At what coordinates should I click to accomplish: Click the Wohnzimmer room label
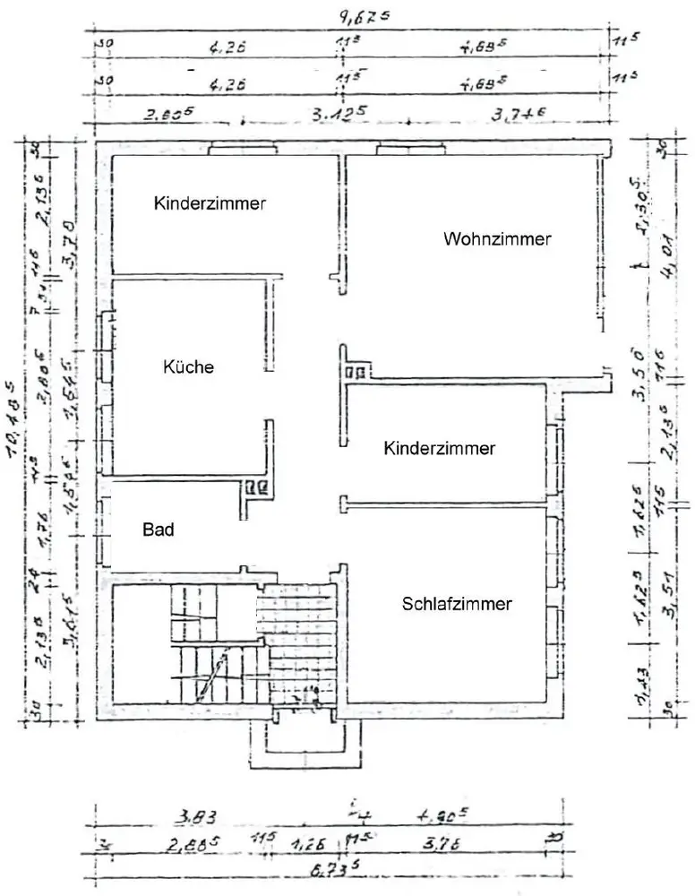coord(496,239)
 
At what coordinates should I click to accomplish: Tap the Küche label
coord(188,366)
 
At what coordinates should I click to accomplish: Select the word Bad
coord(158,530)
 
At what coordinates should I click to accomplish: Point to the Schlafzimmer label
coord(457,604)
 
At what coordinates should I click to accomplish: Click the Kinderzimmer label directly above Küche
coord(210,203)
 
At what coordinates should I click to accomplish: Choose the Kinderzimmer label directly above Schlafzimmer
coord(439,448)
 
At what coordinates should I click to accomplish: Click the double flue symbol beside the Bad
coord(257,488)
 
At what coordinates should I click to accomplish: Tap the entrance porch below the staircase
coord(306,739)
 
